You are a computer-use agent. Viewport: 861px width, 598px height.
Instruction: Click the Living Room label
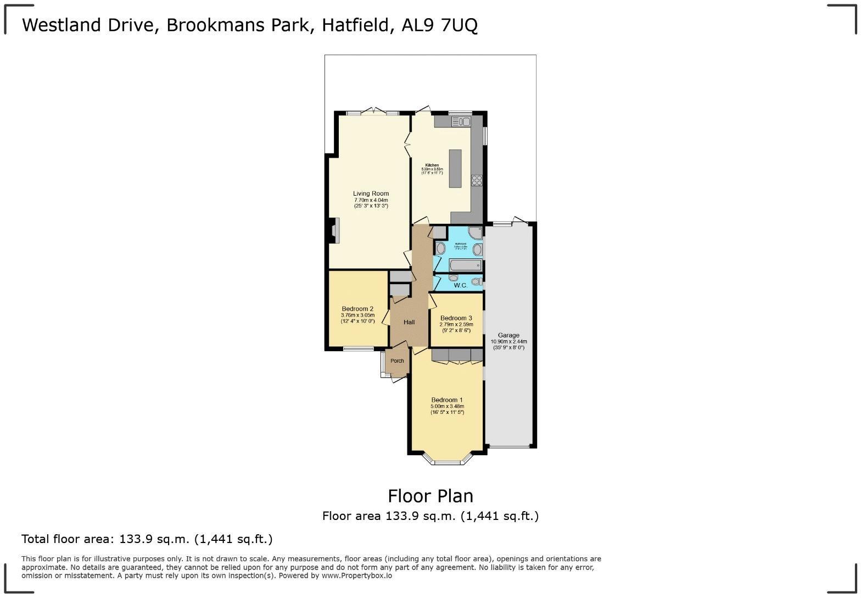[x=371, y=193]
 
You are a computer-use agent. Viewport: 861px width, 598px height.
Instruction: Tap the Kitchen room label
[x=432, y=165]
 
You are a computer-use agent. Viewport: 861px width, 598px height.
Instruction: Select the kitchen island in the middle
[x=455, y=168]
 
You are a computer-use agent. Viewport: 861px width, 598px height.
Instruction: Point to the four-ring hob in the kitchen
[x=477, y=180]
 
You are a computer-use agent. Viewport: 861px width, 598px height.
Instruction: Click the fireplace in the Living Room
[x=334, y=230]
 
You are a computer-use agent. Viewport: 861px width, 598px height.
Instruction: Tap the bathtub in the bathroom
[x=463, y=266]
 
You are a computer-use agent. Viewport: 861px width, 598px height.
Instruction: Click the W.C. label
[x=460, y=285]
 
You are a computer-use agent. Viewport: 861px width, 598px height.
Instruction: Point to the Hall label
[x=409, y=322]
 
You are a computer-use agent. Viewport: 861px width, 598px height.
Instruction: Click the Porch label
[x=397, y=361]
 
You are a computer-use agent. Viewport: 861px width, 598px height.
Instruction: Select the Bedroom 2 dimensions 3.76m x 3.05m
[x=357, y=315]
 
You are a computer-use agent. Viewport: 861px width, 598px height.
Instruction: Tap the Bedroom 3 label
[x=456, y=318]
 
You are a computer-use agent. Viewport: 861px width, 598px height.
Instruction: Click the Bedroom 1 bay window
[x=447, y=461]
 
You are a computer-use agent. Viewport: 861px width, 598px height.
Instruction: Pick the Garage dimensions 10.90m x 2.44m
[x=508, y=341]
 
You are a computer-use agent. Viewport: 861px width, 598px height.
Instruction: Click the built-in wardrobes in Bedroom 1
[x=457, y=355]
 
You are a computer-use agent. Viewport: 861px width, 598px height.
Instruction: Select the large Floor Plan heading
[x=431, y=496]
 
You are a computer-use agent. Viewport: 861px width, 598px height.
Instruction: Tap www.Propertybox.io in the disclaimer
[x=357, y=575]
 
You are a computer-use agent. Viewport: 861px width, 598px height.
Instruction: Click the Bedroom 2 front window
[x=359, y=348]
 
